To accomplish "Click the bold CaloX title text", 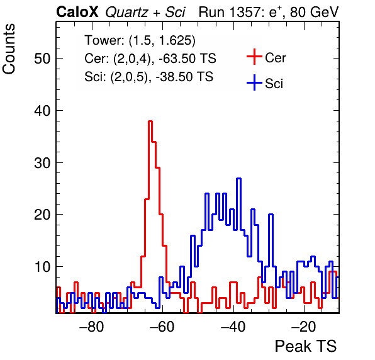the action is [77, 12].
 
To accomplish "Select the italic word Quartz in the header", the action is [126, 13].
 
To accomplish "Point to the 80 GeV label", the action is [314, 12].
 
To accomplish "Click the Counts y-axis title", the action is [9, 49].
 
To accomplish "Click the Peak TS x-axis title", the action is [306, 346].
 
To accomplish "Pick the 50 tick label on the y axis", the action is [43, 59].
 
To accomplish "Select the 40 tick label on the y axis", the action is [43, 111].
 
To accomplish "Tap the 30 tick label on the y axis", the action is [43, 163].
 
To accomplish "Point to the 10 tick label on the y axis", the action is [43, 267].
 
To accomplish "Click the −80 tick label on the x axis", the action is [92, 327].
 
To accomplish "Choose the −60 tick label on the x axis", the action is [162, 327].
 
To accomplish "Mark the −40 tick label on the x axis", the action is [233, 327].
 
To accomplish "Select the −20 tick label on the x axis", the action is [304, 327].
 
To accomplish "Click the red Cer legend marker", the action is [254, 57].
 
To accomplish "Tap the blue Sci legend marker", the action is [254, 83].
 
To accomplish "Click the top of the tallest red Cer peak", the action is [150, 121].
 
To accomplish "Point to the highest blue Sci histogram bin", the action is [238, 179].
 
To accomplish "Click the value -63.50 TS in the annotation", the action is [187, 59].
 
